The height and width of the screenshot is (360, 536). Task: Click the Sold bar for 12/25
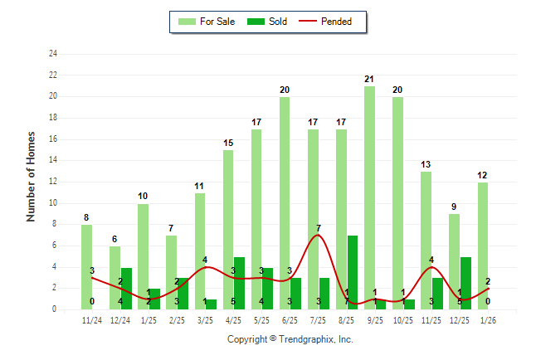click(465, 283)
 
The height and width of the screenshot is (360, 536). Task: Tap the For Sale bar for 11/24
click(86, 266)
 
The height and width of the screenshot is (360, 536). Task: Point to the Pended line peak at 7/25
click(318, 235)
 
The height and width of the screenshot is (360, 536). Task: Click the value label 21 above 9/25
click(369, 79)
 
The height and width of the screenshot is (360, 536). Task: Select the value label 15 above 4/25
click(228, 143)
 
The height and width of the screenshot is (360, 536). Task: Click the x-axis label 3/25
click(205, 320)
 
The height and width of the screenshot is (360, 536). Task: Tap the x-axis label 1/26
click(488, 320)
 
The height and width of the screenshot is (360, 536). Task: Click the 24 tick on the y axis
click(53, 54)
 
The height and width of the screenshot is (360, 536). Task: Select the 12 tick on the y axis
click(53, 182)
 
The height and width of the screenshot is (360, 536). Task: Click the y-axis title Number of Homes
click(32, 176)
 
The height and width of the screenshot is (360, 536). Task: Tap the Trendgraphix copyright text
click(290, 339)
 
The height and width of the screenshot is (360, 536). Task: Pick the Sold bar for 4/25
click(239, 283)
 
